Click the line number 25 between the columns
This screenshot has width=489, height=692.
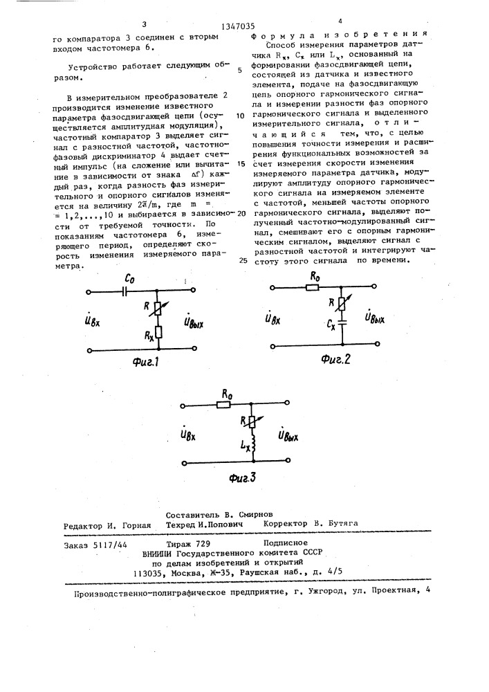[x=242, y=262]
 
